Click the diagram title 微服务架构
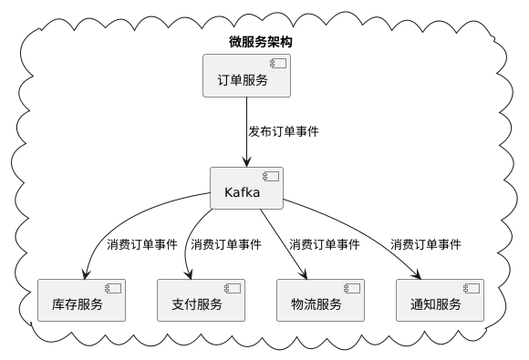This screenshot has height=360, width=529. pyautogui.click(x=260, y=43)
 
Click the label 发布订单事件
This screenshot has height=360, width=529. pyautogui.click(x=284, y=131)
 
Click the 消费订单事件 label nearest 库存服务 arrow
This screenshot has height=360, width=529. pyautogui.click(x=142, y=244)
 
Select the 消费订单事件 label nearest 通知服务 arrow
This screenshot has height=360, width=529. pyautogui.click(x=426, y=244)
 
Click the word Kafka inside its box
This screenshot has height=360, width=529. pyautogui.click(x=242, y=193)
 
